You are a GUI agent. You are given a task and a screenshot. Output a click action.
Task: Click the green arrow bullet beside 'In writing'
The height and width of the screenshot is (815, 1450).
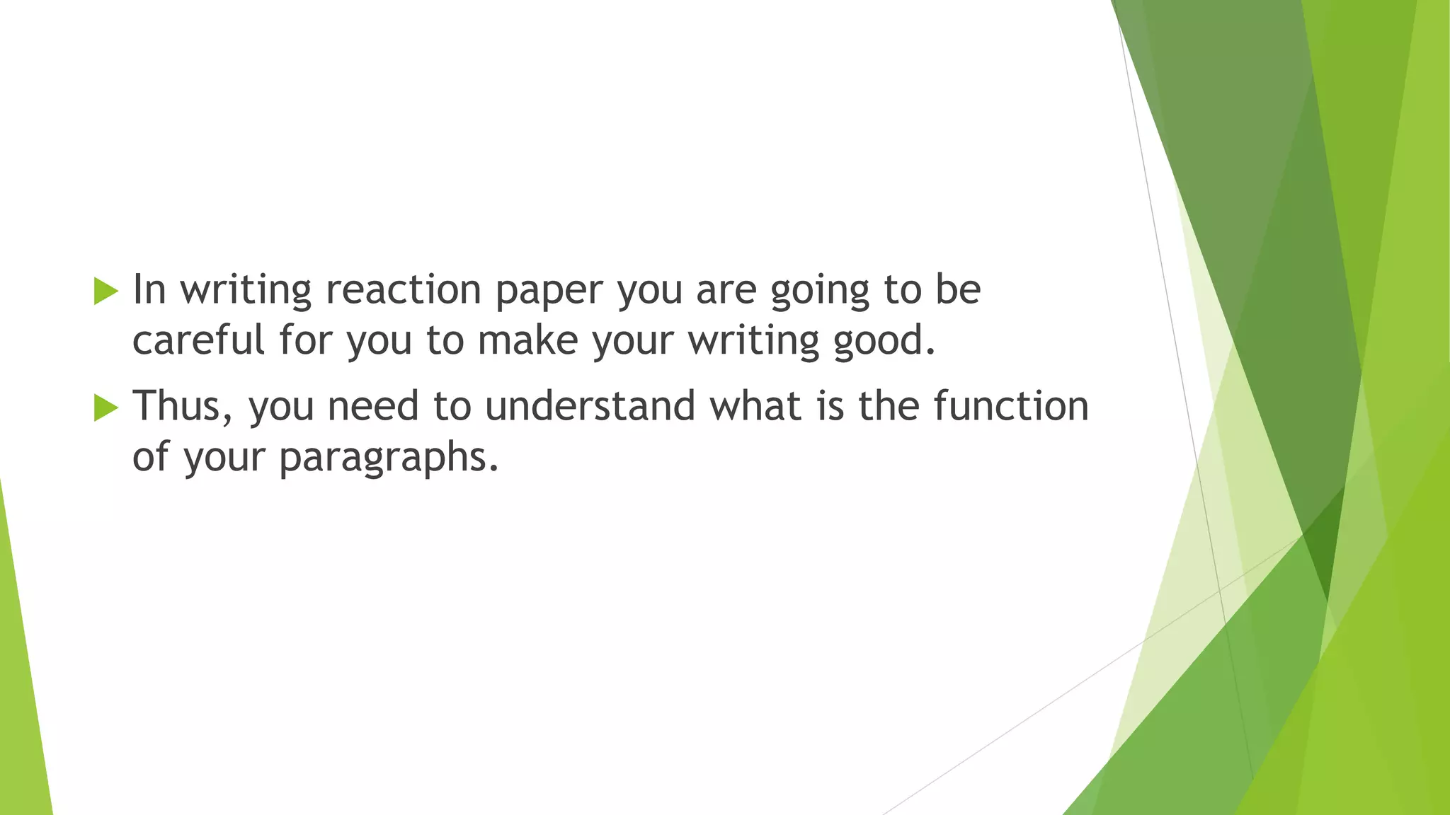click(105, 291)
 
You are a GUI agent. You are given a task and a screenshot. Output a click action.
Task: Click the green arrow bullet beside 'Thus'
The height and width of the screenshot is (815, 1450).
click(105, 407)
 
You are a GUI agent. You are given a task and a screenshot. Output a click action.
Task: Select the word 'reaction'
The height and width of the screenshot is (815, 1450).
click(403, 289)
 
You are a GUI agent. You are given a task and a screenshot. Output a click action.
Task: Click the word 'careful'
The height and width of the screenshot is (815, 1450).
click(198, 340)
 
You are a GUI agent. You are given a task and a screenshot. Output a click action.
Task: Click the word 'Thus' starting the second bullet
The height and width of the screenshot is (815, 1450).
click(176, 406)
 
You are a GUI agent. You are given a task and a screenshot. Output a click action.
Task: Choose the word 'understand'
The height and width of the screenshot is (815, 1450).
click(590, 406)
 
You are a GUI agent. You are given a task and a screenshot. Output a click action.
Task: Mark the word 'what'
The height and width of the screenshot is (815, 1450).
click(755, 406)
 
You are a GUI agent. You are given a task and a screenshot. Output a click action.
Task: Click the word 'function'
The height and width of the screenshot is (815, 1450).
click(1010, 406)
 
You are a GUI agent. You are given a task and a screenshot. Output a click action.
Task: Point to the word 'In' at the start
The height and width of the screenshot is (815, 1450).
click(149, 289)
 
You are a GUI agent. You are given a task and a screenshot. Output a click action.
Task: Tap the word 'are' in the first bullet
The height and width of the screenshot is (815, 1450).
click(726, 291)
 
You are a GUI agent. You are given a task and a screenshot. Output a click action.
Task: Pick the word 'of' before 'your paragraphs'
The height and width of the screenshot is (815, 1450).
click(150, 457)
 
